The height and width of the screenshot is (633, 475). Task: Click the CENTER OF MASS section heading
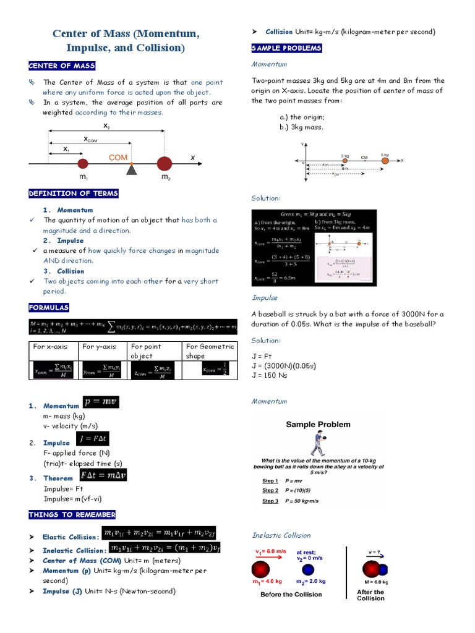[x=62, y=66]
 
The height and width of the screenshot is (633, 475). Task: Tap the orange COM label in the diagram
[x=118, y=158]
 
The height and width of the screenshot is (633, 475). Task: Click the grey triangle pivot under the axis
[x=131, y=169]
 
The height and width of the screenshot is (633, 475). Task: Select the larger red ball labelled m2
[x=164, y=164]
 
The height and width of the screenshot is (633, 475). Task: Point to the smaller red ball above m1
[x=83, y=164]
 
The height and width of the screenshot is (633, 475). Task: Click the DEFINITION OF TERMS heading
[x=73, y=194]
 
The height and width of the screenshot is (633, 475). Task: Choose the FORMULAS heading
[x=49, y=307]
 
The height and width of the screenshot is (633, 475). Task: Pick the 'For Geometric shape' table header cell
[x=210, y=351]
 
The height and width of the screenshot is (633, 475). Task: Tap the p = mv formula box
[x=101, y=402]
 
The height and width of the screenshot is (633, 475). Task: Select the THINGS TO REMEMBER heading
[x=72, y=514]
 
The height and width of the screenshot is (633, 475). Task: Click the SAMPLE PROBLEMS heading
[x=286, y=48]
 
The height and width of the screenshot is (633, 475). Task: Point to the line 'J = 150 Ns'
[x=270, y=375]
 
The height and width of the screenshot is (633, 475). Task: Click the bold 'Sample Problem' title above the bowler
[x=318, y=425]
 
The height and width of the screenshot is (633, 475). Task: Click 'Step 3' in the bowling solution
[x=270, y=501]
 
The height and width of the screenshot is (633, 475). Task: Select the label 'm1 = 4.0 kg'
[x=266, y=582]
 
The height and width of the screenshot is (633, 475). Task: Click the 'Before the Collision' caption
[x=291, y=595]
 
